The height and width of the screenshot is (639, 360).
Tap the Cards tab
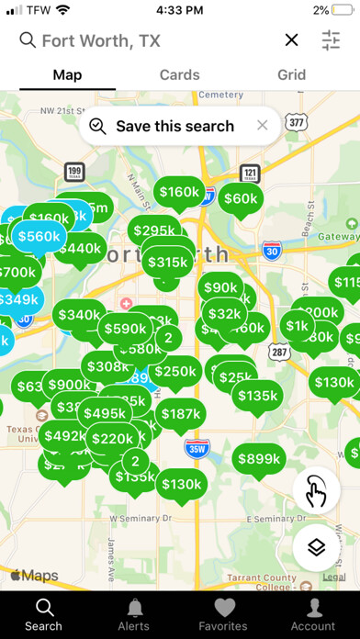(x=180, y=75)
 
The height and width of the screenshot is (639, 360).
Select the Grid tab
(x=292, y=75)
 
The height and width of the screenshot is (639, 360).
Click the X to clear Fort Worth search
(x=291, y=39)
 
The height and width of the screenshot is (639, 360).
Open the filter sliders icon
(x=331, y=39)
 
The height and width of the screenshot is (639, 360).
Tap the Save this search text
(x=174, y=126)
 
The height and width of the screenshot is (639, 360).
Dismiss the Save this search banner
(x=263, y=126)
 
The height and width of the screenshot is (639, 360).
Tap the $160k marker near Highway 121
(x=178, y=192)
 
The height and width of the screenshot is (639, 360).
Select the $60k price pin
(x=240, y=198)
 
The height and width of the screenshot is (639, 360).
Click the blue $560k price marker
(x=38, y=236)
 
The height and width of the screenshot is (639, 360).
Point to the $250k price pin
(x=175, y=371)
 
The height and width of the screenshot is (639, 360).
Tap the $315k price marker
(x=167, y=262)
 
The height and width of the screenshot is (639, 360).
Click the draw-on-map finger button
(x=316, y=492)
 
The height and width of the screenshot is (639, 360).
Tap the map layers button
(x=316, y=547)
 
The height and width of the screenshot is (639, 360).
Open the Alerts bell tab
(x=134, y=613)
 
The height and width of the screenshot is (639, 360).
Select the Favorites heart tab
(x=223, y=613)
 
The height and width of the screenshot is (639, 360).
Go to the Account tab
(x=314, y=613)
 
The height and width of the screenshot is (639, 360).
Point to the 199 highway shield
(x=75, y=172)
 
